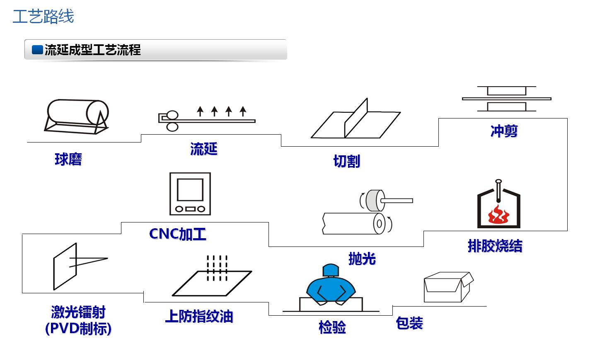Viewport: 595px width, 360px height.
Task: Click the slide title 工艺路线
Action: pyautogui.click(x=43, y=17)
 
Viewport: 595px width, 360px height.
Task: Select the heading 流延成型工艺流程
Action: pyautogui.click(x=92, y=50)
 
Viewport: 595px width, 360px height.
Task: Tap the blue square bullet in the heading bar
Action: pyautogui.click(x=37, y=50)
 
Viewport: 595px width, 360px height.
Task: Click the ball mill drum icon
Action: pyautogui.click(x=77, y=116)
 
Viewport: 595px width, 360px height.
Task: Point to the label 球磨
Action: pyautogui.click(x=68, y=159)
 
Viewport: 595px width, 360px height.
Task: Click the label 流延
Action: pyautogui.click(x=203, y=149)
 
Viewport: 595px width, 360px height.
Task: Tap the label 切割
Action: pyautogui.click(x=346, y=161)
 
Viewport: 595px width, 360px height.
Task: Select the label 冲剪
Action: pyautogui.click(x=504, y=131)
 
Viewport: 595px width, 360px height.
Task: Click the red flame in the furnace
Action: pyautogui.click(x=498, y=215)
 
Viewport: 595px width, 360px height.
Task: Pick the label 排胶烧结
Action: pyautogui.click(x=495, y=246)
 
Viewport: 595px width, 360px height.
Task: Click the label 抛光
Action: pyautogui.click(x=362, y=259)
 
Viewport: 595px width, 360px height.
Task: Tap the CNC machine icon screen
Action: pyautogui.click(x=190, y=190)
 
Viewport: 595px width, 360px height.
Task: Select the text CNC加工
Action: pyautogui.click(x=177, y=234)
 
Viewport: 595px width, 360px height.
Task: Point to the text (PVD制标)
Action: pyautogui.click(x=78, y=329)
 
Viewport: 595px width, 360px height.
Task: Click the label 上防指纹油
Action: pyautogui.click(x=199, y=316)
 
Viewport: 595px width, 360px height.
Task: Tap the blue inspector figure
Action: pyautogui.click(x=331, y=285)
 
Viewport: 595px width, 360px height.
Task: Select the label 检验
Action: pyautogui.click(x=332, y=327)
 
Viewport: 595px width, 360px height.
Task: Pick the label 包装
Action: pyautogui.click(x=409, y=323)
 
